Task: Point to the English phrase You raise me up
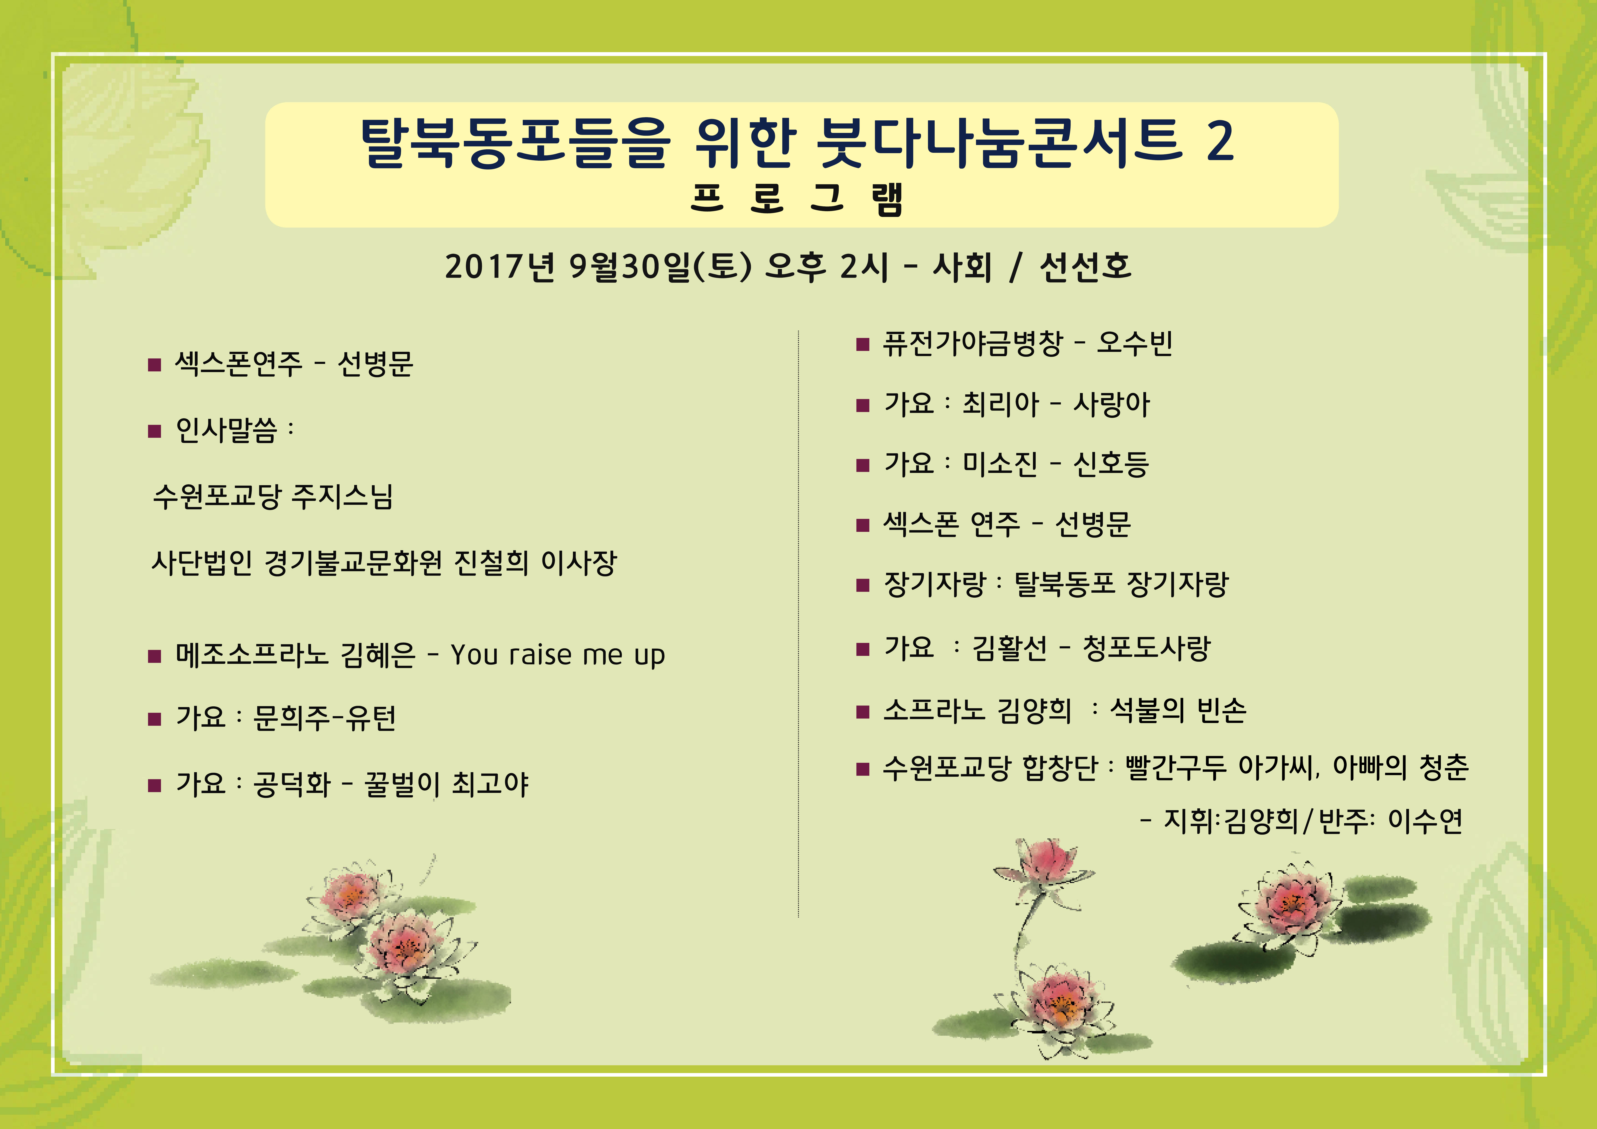tap(558, 655)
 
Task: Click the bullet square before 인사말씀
tap(154, 431)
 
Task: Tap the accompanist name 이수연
tap(1425, 821)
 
